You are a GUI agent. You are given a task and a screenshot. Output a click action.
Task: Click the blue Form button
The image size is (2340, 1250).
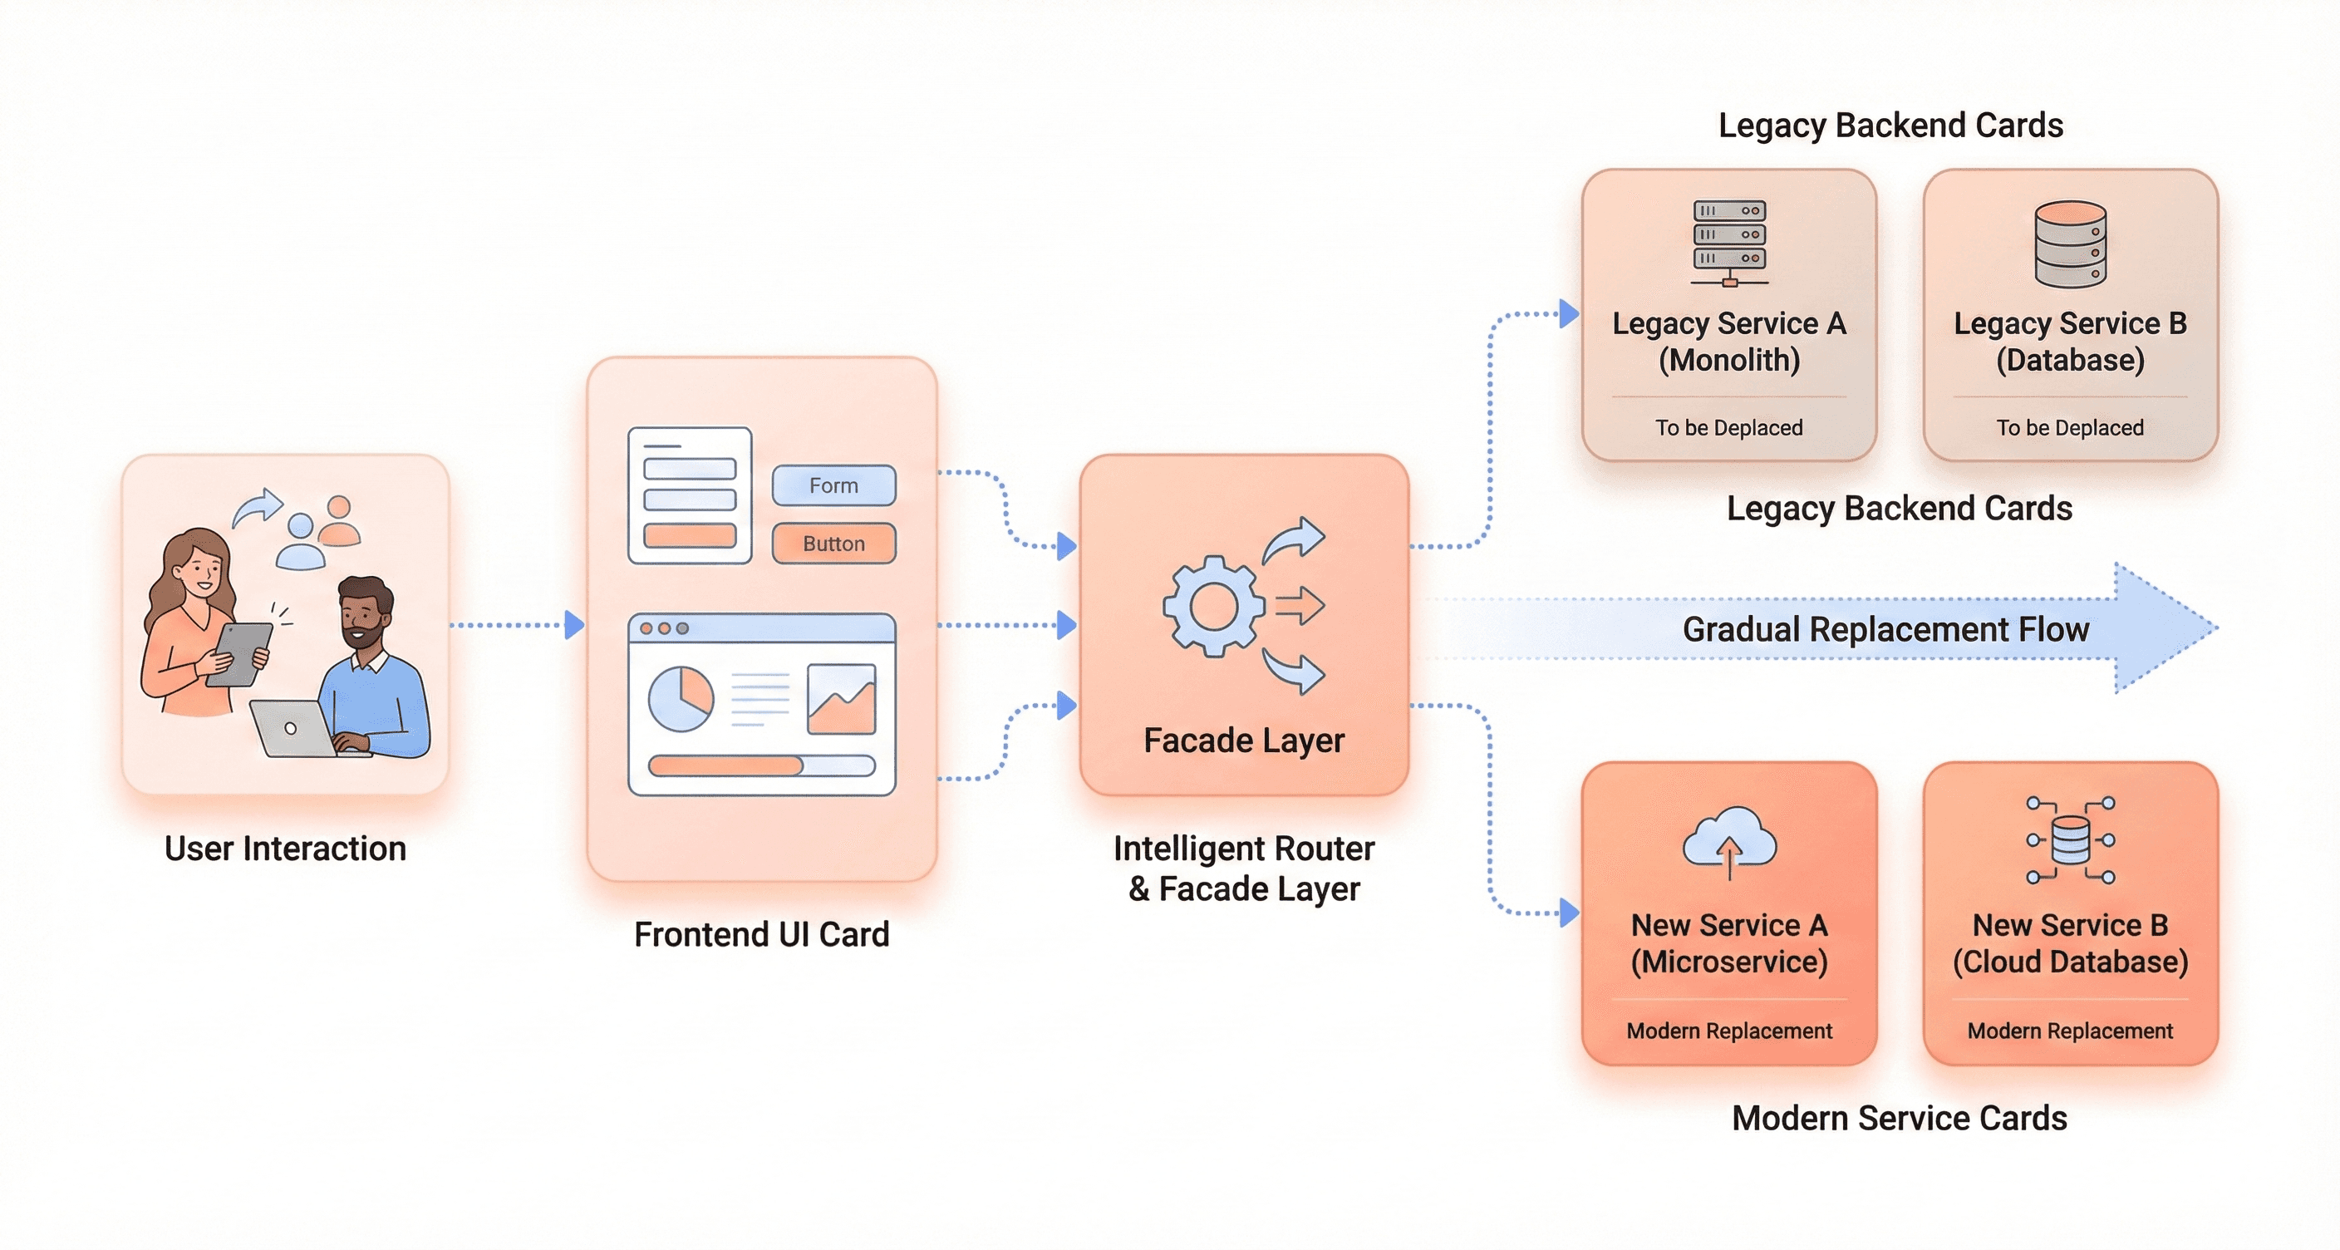[833, 485]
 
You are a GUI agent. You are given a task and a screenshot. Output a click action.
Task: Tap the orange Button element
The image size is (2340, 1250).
[833, 544]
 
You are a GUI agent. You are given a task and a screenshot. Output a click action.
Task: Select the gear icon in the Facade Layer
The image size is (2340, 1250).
[1212, 606]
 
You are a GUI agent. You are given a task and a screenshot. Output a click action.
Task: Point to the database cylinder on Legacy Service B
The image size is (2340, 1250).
[2070, 244]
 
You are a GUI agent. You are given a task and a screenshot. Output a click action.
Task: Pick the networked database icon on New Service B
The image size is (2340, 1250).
[2070, 840]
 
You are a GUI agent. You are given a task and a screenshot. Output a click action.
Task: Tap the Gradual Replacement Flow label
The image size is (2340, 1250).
[1885, 628]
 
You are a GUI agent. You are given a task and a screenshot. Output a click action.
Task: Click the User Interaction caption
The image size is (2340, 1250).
[285, 848]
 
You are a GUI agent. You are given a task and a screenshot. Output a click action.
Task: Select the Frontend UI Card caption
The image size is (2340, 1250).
[761, 934]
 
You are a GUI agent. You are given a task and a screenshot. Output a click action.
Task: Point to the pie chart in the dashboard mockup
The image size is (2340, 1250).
[681, 699]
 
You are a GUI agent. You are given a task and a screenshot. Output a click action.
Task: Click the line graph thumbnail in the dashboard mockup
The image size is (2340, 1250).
[841, 699]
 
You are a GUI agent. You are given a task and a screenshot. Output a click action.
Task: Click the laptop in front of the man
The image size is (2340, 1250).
[291, 729]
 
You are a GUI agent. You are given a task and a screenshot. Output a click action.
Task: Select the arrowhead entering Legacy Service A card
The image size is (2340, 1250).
[1569, 313]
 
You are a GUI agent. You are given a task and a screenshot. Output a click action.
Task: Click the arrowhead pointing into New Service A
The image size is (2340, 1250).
[1569, 912]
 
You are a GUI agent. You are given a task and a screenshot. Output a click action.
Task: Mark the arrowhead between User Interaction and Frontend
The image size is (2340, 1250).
[574, 625]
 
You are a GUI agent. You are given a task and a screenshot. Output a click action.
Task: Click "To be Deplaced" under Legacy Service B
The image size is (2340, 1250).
[2069, 427]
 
